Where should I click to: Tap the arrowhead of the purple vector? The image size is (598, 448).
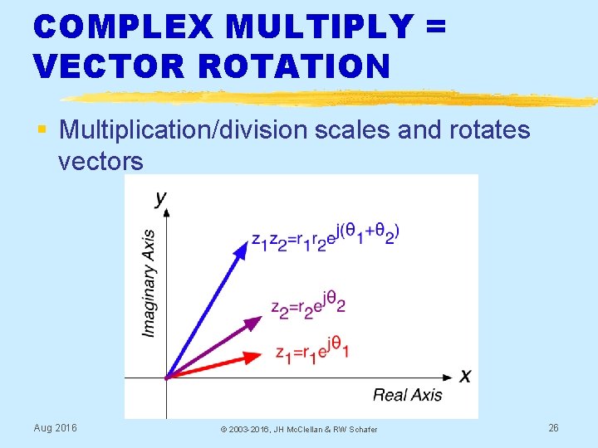(x=252, y=322)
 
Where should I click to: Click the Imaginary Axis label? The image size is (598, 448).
(x=149, y=283)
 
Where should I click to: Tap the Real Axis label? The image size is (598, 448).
(x=407, y=395)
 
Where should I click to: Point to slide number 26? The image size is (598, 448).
(x=553, y=427)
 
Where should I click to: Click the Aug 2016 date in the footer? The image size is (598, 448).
(x=55, y=427)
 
